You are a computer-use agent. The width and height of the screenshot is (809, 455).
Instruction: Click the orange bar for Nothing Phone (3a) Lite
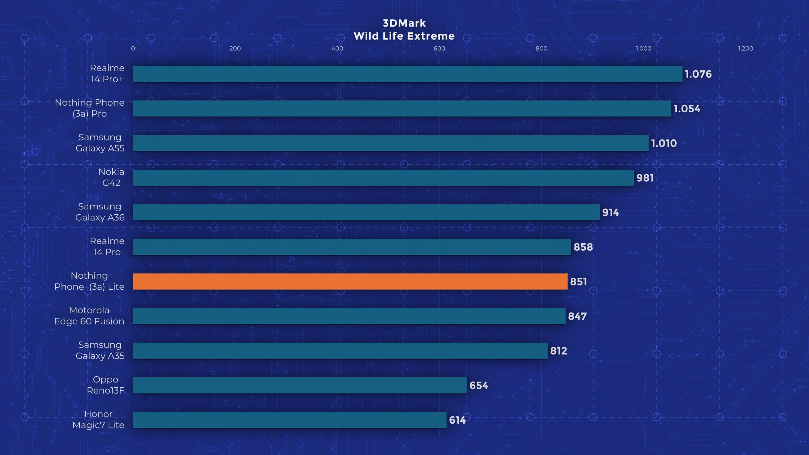coord(350,282)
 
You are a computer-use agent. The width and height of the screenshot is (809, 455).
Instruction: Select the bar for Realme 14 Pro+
coord(407,74)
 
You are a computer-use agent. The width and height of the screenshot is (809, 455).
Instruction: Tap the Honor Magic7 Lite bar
coord(290,420)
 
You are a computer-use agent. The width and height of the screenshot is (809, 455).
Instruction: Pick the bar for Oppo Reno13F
coord(300,385)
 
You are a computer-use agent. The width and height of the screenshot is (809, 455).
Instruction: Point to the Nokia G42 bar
coord(383,178)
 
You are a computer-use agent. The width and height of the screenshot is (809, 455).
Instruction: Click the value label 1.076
coord(698,74)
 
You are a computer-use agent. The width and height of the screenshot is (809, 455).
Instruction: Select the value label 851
coord(578,282)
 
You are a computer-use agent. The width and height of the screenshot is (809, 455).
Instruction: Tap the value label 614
coord(457,420)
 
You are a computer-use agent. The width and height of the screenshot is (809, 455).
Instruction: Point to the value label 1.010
coord(664,143)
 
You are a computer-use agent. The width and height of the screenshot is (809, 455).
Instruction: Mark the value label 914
coord(610,213)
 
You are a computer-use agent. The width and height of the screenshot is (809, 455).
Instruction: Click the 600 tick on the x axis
coord(439,49)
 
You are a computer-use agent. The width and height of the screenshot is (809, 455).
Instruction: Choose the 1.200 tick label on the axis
coord(745,49)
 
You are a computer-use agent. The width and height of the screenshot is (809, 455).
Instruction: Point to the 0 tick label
coord(133,49)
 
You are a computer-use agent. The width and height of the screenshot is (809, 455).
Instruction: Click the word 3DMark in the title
coord(404,23)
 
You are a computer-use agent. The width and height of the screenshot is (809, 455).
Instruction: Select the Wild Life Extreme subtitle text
coord(404,36)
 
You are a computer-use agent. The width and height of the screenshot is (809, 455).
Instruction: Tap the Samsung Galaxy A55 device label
coord(100,143)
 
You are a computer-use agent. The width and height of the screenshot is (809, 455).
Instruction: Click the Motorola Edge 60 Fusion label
coord(89,316)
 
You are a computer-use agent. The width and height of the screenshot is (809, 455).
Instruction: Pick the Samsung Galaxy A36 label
coord(100,212)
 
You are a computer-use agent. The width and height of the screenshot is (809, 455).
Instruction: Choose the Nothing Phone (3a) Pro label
coord(90,108)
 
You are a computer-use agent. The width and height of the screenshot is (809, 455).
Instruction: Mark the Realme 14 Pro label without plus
coord(107,247)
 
